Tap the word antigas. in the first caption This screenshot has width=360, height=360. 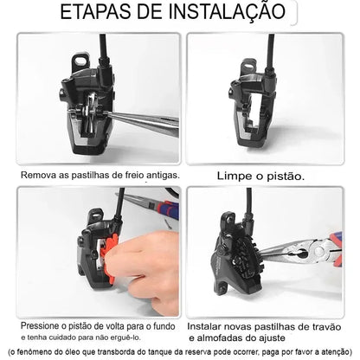159,175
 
